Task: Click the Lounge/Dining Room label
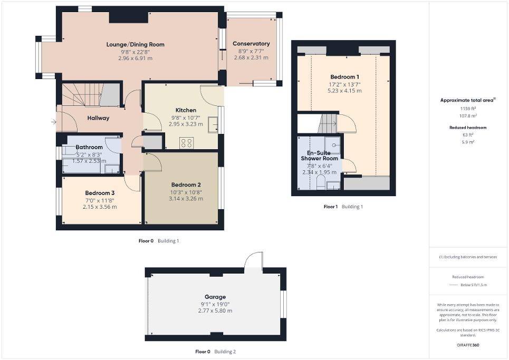pos(135,45)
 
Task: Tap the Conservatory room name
pos(251,44)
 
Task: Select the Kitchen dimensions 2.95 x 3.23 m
pos(182,124)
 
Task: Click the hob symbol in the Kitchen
pos(186,142)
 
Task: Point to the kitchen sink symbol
pos(214,125)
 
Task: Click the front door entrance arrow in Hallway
pos(53,122)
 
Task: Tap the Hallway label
pos(98,118)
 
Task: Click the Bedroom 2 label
pos(186,185)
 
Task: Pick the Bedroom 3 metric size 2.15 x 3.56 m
pos(99,207)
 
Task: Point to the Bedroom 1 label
pos(344,77)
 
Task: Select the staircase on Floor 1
pos(327,124)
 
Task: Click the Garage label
pos(215,297)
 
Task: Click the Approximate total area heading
pos(467,100)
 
